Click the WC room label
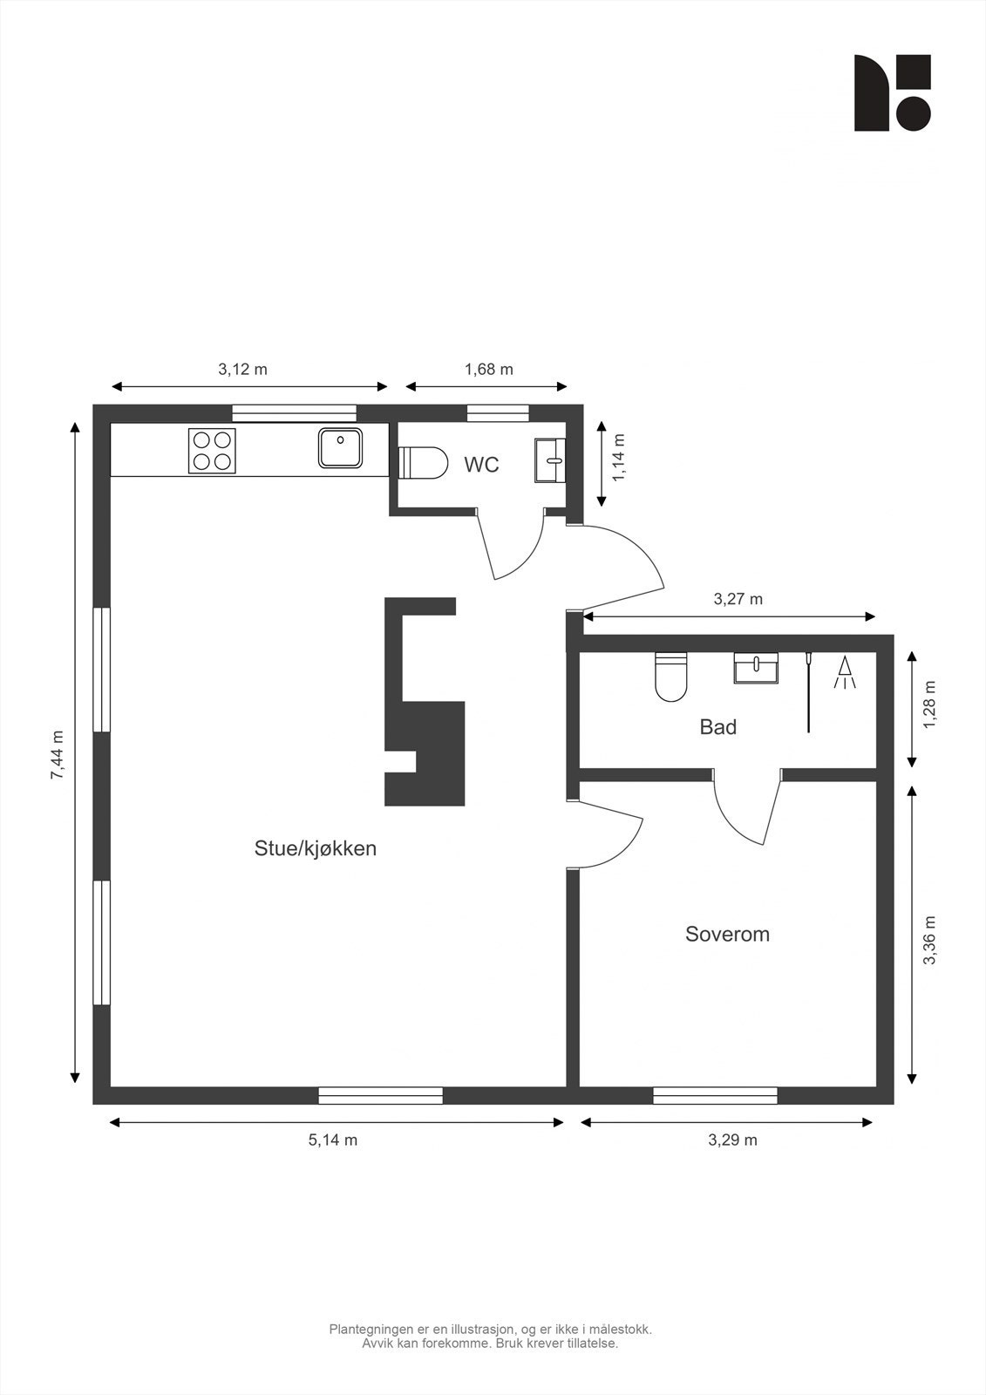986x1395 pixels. point(481,465)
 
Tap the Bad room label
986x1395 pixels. point(718,727)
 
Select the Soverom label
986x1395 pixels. point(727,934)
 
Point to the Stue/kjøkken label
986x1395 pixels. point(316,849)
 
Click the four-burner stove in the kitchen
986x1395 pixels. point(213,451)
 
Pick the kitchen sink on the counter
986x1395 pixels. point(341,448)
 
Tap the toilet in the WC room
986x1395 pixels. point(423,463)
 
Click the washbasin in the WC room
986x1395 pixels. point(550,460)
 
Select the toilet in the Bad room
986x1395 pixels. point(670,677)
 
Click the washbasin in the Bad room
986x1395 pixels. point(756,668)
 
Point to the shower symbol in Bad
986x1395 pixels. point(846,672)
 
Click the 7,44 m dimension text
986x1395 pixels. point(58,754)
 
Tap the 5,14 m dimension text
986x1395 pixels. point(333,1140)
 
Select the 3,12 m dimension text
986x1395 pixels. point(242,370)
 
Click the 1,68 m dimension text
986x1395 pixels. point(489,370)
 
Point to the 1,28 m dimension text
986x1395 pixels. point(929,704)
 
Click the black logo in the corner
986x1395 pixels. point(893,92)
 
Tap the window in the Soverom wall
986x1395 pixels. point(715,1095)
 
